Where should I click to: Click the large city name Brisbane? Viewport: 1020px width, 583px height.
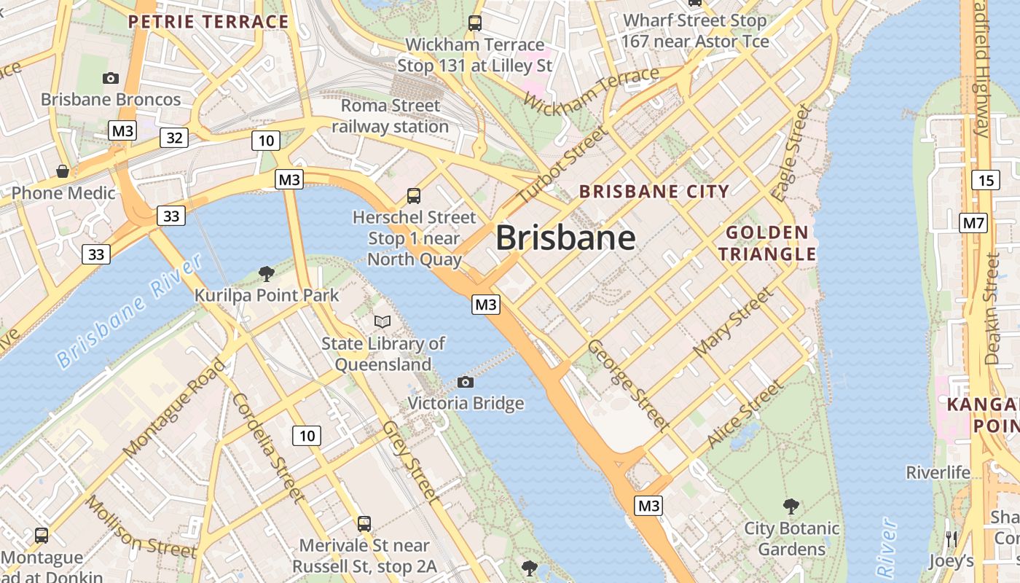(565, 238)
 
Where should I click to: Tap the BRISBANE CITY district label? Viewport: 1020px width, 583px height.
(654, 192)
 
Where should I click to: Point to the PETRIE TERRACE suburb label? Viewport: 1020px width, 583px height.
(208, 22)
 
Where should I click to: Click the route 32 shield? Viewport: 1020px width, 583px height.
(175, 137)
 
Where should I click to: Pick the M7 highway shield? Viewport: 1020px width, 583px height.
(973, 223)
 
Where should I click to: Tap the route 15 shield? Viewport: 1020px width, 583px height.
(985, 180)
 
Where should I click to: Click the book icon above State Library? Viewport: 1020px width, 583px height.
(382, 321)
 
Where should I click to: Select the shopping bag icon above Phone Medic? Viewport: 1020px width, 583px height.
(63, 172)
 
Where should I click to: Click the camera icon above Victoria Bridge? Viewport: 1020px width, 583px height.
(465, 382)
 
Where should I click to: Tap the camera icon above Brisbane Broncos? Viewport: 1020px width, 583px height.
(111, 78)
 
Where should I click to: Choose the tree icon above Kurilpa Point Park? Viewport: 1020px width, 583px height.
(267, 274)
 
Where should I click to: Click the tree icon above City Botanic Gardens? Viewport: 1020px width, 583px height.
(791, 506)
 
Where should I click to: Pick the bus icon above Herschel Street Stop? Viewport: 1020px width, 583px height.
(413, 195)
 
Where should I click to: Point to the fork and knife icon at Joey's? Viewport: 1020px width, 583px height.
(951, 539)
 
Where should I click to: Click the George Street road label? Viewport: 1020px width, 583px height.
(628, 384)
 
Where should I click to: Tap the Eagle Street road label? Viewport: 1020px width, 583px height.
(791, 153)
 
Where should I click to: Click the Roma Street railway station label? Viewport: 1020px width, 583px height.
(391, 117)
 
